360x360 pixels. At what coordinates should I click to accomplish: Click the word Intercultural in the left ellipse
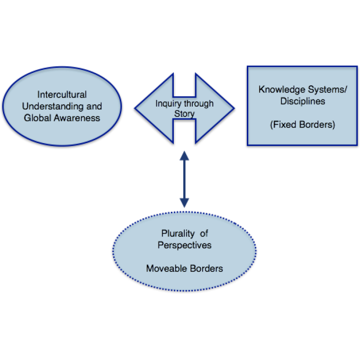62,95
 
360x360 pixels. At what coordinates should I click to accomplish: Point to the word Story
184,114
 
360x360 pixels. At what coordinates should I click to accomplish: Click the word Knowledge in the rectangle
279,89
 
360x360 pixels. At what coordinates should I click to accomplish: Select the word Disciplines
302,101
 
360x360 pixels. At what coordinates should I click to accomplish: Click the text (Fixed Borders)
302,125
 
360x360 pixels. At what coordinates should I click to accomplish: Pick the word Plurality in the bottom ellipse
177,234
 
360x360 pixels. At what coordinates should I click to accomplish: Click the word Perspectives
184,245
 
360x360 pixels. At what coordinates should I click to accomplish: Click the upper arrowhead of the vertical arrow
184,155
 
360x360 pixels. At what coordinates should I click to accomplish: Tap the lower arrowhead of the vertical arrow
184,203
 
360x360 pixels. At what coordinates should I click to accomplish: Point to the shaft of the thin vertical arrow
184,179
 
